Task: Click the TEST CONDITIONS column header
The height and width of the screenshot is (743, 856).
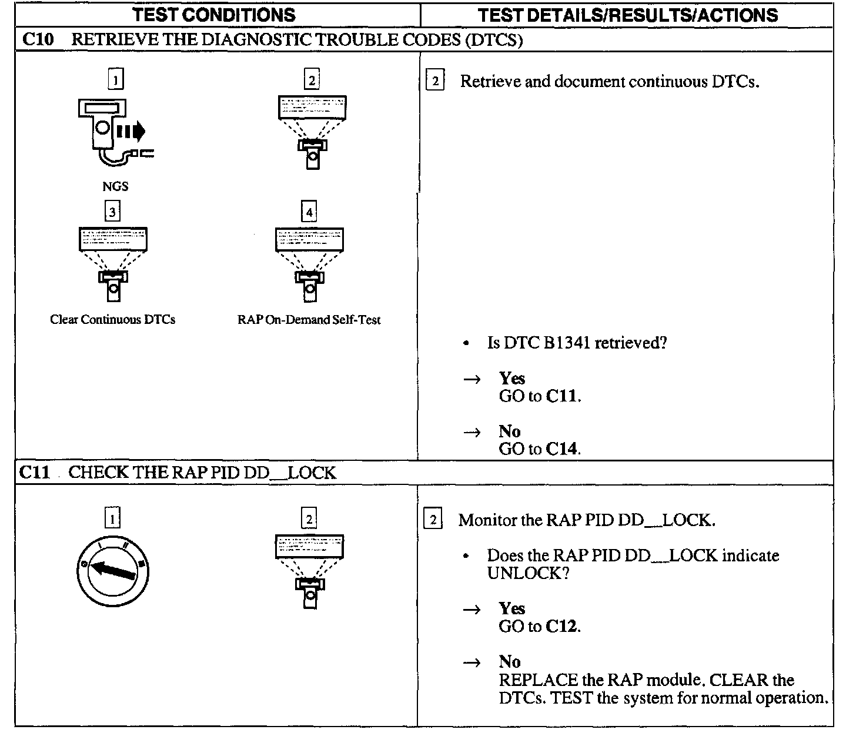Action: click(214, 15)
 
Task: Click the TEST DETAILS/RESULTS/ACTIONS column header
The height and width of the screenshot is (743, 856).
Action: click(627, 15)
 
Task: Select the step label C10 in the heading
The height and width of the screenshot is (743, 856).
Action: click(38, 40)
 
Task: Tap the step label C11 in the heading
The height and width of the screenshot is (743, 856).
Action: click(35, 473)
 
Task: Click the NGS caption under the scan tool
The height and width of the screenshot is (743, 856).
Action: click(115, 186)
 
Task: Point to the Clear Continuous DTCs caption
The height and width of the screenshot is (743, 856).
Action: click(112, 320)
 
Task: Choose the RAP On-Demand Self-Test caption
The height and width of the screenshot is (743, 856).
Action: click(309, 320)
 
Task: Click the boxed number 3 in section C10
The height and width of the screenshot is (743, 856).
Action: click(112, 211)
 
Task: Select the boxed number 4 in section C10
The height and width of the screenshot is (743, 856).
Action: click(309, 211)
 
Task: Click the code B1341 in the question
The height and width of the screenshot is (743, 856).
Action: click(567, 343)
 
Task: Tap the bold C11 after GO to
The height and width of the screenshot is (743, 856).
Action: click(561, 396)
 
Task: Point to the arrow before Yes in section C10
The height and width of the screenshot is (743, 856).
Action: click(472, 380)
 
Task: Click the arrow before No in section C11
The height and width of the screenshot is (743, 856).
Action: click(472, 663)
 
